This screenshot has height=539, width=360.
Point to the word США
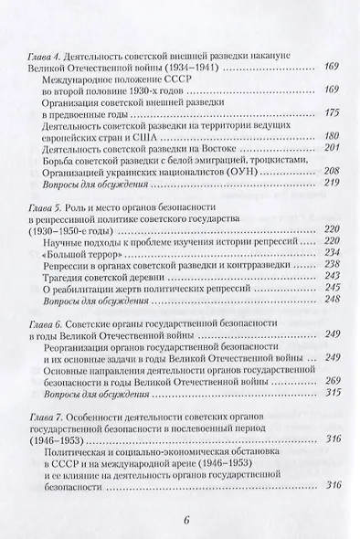(x=153, y=161)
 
